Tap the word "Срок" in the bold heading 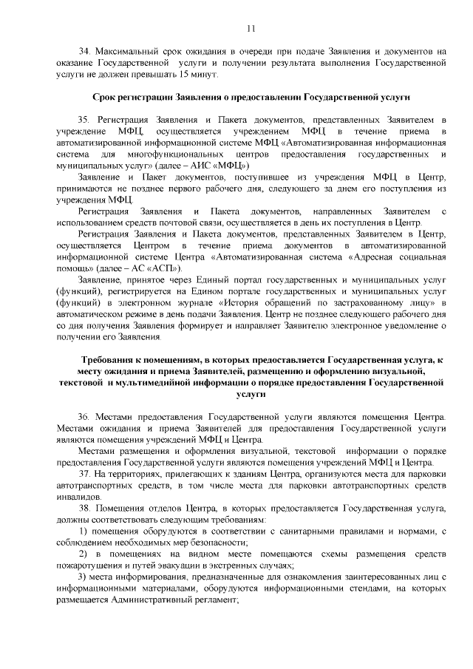[x=105, y=98]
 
